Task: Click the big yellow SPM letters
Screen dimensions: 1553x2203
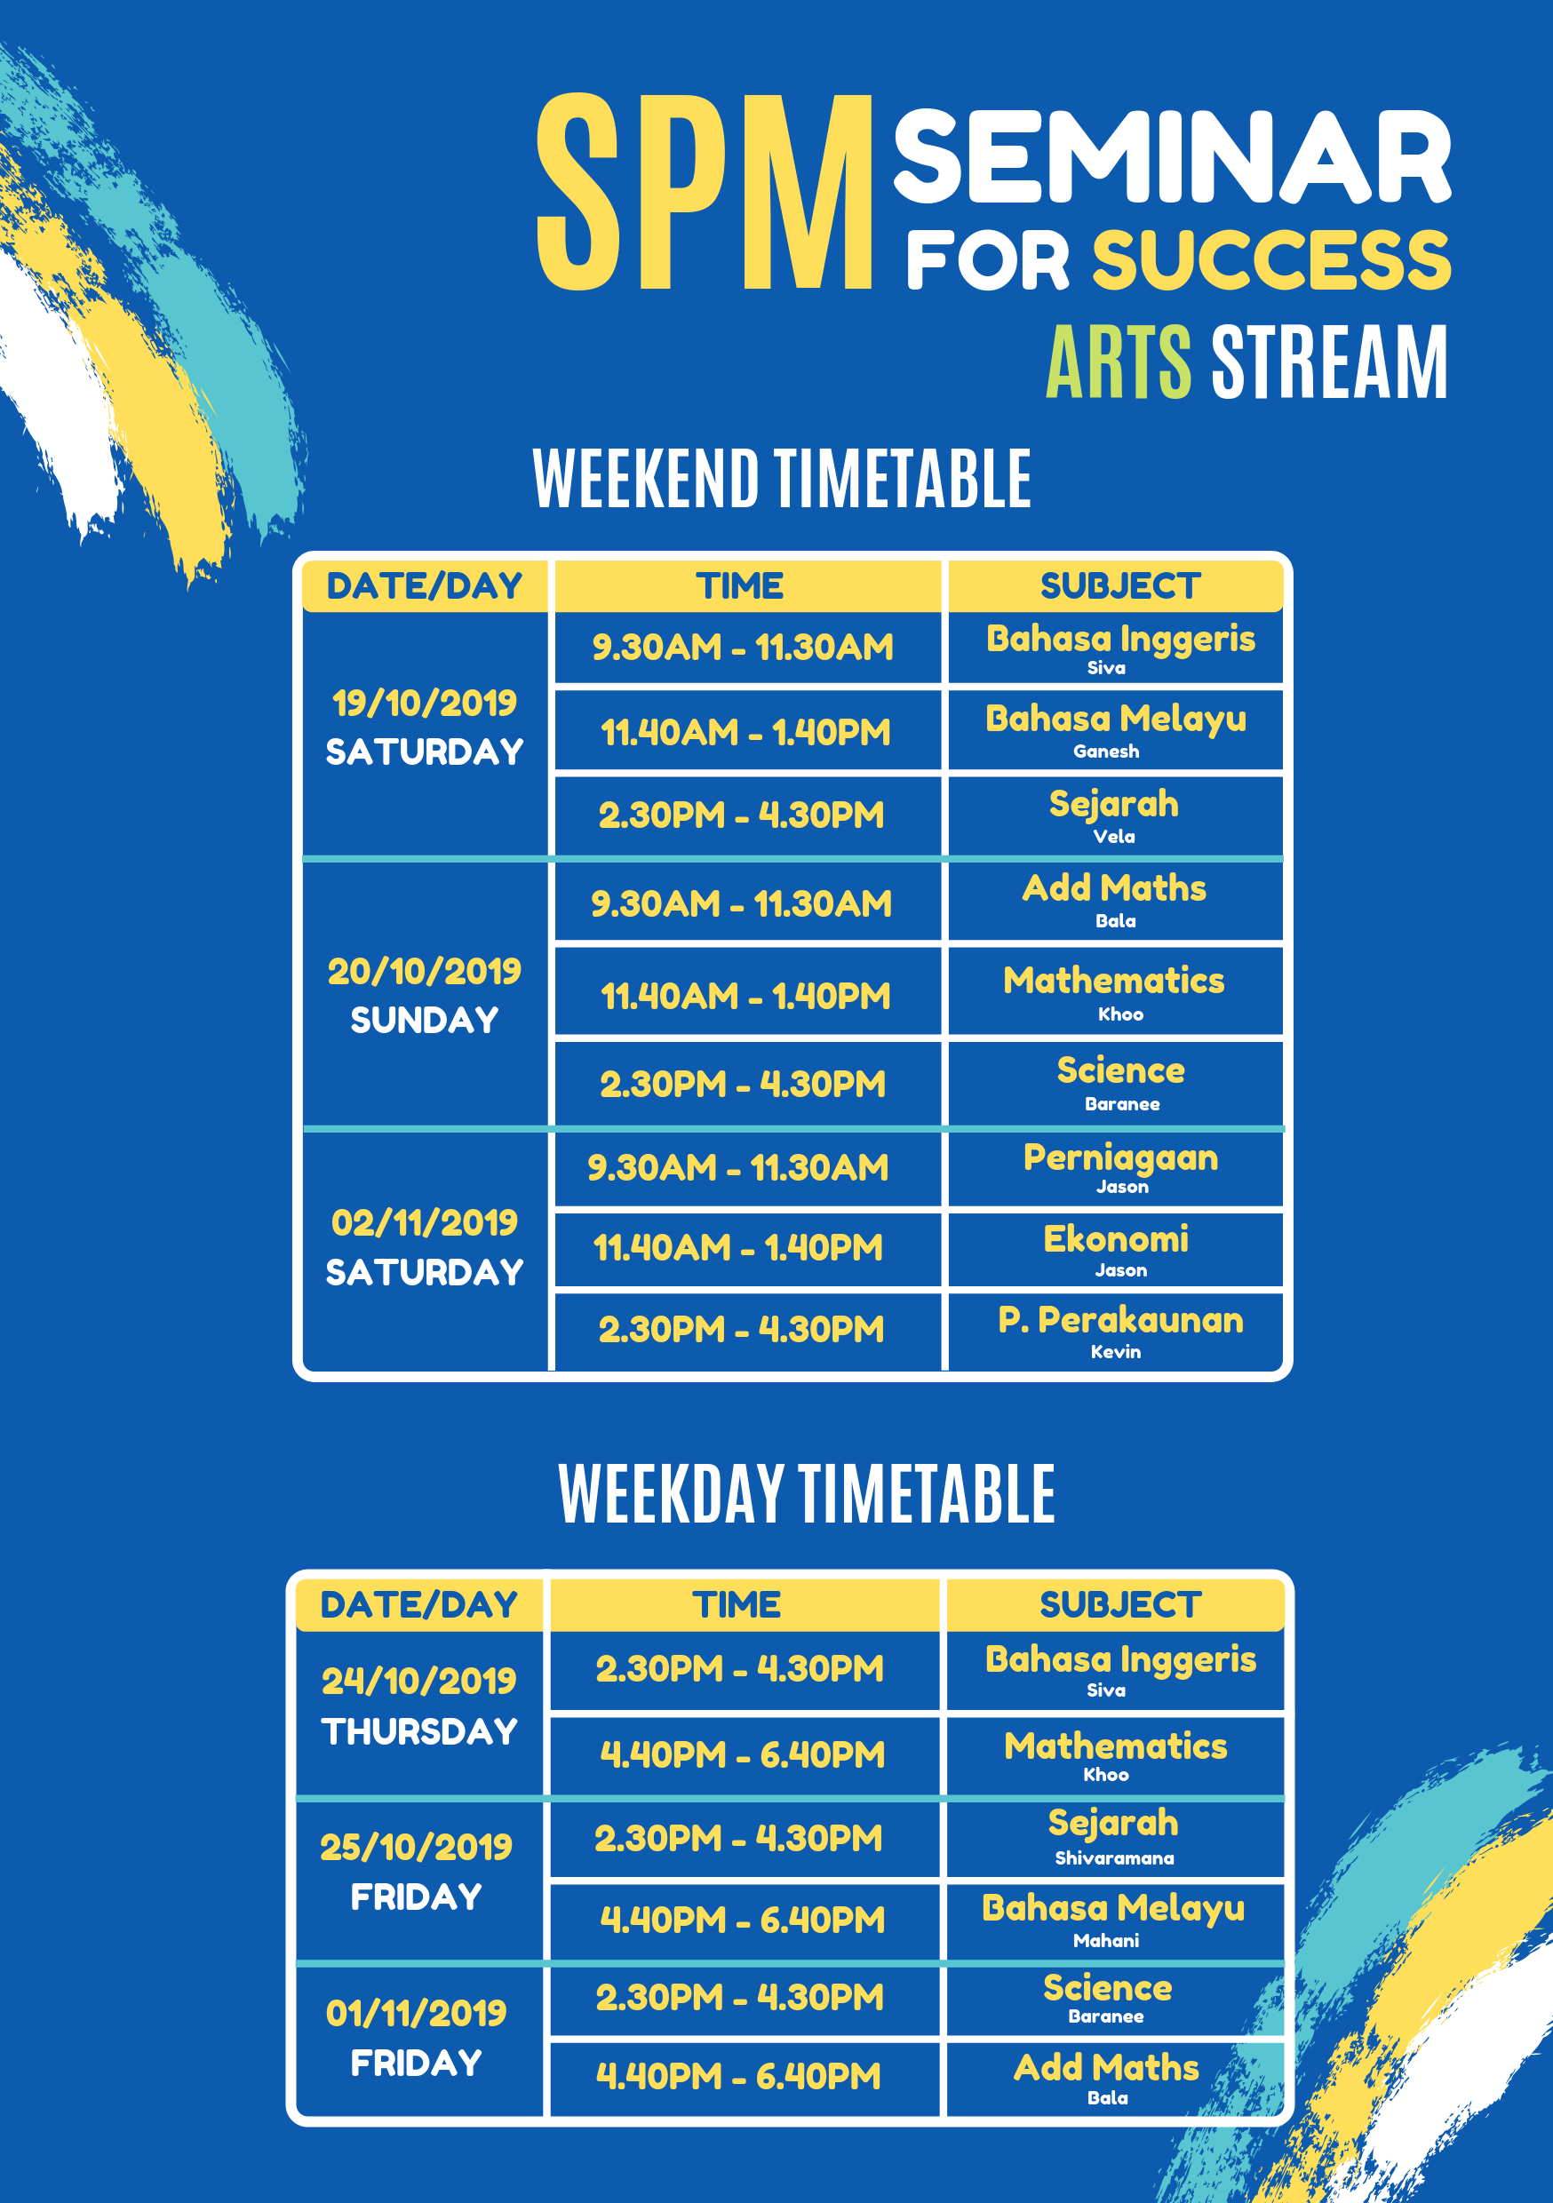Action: (x=705, y=192)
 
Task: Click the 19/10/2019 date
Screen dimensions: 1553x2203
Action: (x=425, y=704)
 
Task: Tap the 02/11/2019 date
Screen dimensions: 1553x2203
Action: (x=425, y=1222)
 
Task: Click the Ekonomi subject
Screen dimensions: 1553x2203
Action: (x=1116, y=1238)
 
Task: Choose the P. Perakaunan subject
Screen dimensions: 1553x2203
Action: (x=1120, y=1320)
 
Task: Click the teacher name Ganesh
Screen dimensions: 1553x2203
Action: (x=1107, y=752)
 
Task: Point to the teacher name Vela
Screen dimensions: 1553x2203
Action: (x=1114, y=837)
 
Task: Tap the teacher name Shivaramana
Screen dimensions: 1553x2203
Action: (x=1114, y=1858)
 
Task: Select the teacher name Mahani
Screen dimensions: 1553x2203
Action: (x=1107, y=1941)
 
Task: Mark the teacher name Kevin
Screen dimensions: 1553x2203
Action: (x=1116, y=1352)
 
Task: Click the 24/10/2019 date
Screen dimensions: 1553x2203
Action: (x=418, y=1681)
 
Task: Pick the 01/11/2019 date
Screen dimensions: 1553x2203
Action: (x=417, y=2013)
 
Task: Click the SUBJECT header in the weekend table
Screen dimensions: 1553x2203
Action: (x=1120, y=586)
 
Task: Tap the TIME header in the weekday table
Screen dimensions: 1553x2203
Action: (x=737, y=1605)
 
